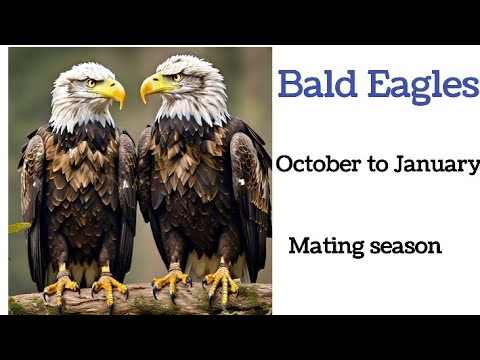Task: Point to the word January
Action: click(x=437, y=165)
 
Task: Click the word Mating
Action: click(x=324, y=246)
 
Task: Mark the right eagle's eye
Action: click(x=177, y=77)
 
